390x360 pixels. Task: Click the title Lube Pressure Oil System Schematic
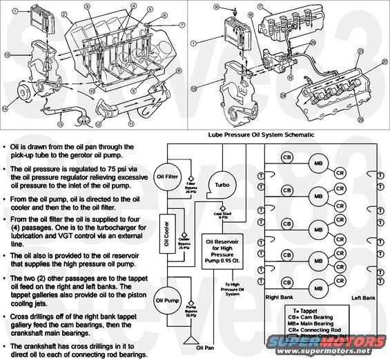click(x=266, y=135)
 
